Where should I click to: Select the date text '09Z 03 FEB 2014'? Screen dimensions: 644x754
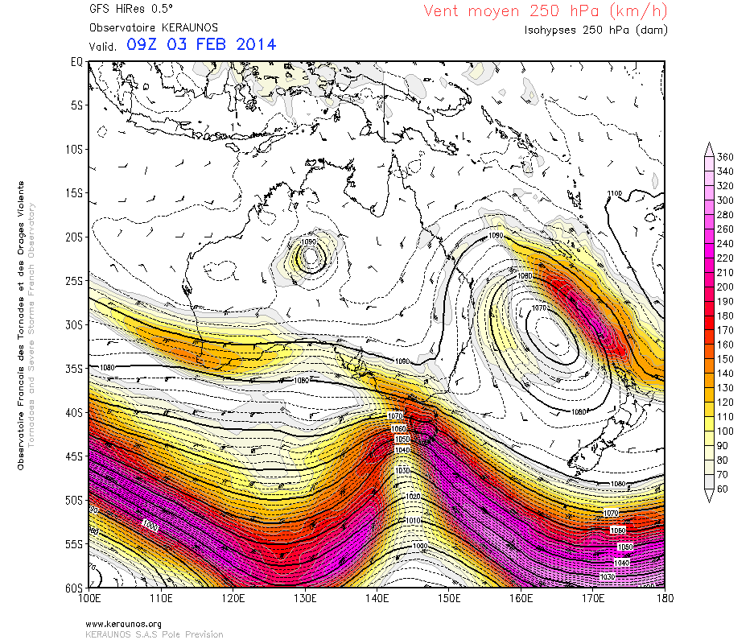coord(201,44)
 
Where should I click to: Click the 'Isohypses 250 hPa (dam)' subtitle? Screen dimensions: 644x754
coord(595,30)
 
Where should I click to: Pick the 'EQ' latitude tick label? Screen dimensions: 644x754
coord(77,61)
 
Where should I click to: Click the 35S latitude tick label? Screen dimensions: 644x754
coord(74,368)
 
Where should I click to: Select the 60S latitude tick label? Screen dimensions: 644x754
coord(74,588)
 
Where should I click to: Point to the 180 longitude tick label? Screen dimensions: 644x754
coord(665,600)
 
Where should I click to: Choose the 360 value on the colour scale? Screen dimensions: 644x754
coord(724,157)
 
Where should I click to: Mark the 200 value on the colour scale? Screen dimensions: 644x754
coord(724,287)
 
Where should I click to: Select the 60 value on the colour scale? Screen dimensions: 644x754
coord(724,489)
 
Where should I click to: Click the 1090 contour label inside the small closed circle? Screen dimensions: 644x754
coord(309,242)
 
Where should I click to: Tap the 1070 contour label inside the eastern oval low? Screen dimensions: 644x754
coord(539,308)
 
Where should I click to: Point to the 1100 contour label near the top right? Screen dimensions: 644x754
coord(615,194)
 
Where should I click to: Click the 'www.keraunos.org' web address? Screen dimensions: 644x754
coord(123,624)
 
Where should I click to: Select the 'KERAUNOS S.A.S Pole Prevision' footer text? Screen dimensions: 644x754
coord(154,634)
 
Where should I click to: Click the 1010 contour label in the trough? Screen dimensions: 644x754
coord(413,521)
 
